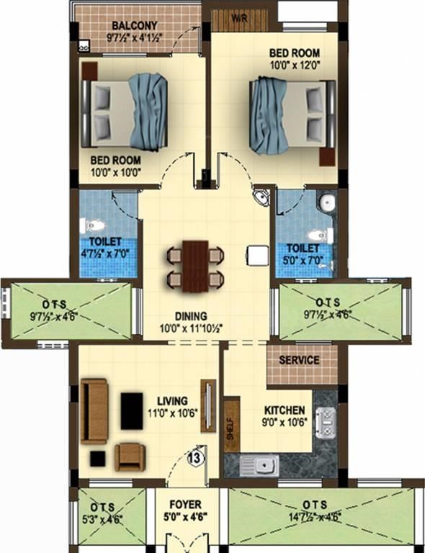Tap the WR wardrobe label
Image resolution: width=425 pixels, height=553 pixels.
point(239,18)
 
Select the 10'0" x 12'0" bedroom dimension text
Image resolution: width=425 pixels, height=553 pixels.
point(295,66)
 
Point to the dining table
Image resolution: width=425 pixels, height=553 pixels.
point(195,266)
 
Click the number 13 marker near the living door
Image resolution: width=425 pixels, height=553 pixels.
point(195,458)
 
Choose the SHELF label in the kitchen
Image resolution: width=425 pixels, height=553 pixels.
point(231,428)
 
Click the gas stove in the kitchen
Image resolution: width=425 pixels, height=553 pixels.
point(326,423)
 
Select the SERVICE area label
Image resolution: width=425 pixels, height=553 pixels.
point(299,360)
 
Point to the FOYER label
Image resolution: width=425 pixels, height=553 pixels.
point(186,505)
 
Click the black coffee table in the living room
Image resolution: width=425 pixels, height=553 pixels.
point(132,411)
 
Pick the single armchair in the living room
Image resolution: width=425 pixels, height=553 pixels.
point(130,457)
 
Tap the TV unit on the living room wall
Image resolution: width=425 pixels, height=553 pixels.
point(208,406)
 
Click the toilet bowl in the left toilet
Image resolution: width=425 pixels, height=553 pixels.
point(91,225)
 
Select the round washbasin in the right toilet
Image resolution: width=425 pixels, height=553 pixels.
point(327,202)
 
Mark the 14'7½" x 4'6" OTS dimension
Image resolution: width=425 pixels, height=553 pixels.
point(315,518)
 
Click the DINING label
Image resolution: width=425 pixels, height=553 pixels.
point(191,315)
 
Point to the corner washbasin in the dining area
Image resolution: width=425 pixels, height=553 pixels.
point(261,198)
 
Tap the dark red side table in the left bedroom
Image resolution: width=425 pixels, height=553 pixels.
point(89,71)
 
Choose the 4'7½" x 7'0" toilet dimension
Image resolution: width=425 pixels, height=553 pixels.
point(104,253)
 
